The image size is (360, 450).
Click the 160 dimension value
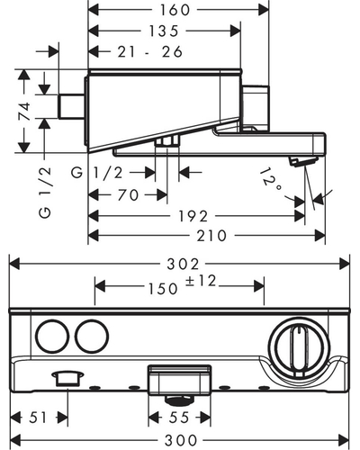point(175,10)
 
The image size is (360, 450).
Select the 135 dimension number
point(164,31)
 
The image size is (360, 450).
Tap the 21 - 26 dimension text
point(150,52)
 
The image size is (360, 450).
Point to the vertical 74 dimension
point(24,111)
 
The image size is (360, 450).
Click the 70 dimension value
point(128,195)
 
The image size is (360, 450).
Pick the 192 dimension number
point(193,216)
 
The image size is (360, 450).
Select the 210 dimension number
point(211,236)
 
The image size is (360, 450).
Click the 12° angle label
point(270,180)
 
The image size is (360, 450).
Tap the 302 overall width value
point(183,265)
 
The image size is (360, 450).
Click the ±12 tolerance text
point(201,282)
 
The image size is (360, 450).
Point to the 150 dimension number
point(163,289)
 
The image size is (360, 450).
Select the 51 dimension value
point(38,418)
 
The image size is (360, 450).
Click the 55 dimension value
point(179,418)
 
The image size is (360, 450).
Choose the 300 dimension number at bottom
point(181,440)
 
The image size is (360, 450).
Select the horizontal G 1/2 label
point(97,173)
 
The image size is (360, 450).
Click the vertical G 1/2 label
point(45,193)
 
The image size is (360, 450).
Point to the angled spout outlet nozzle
point(303,161)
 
